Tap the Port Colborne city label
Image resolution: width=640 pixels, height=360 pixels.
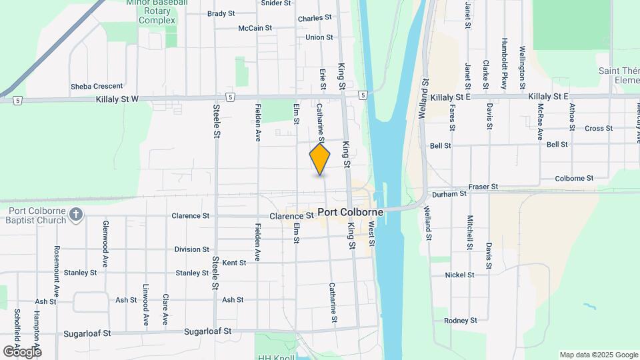[350, 213]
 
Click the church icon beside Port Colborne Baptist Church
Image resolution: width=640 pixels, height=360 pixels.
[76, 214]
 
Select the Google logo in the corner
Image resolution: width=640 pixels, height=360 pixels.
[22, 351]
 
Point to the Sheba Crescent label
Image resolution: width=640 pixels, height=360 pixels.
[97, 86]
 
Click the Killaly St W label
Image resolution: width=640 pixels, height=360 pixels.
[116, 99]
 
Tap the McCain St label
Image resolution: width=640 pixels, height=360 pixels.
[255, 28]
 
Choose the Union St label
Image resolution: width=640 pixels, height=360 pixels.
[319, 37]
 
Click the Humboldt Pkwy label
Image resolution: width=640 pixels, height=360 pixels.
[505, 63]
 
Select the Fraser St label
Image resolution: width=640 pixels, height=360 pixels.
[483, 187]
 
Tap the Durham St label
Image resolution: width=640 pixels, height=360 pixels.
[449, 194]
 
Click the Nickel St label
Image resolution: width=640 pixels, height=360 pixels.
[459, 275]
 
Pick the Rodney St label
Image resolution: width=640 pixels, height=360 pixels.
[461, 321]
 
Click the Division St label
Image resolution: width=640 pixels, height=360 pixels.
[191, 249]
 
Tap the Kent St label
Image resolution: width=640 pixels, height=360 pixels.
[234, 263]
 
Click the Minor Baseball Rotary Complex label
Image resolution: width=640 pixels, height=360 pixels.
[157, 13]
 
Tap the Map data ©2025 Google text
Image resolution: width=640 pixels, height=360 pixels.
[599, 355]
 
